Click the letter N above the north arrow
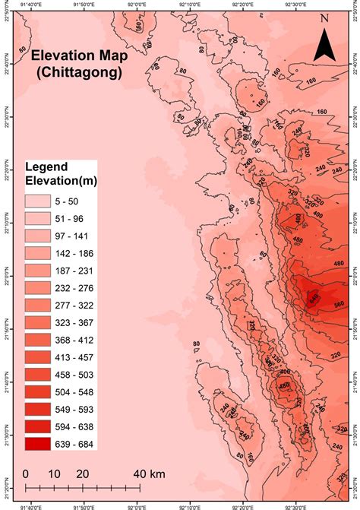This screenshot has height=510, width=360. pos(325,17)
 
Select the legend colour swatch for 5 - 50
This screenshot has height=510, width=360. pos(38,201)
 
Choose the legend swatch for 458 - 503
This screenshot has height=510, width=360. pos(38,374)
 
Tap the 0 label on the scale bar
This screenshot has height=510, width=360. pos(26,474)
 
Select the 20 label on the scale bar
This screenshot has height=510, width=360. pos(82,474)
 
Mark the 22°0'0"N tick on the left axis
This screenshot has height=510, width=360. pos(5,277)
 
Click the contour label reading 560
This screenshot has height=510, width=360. pos(339,303)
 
